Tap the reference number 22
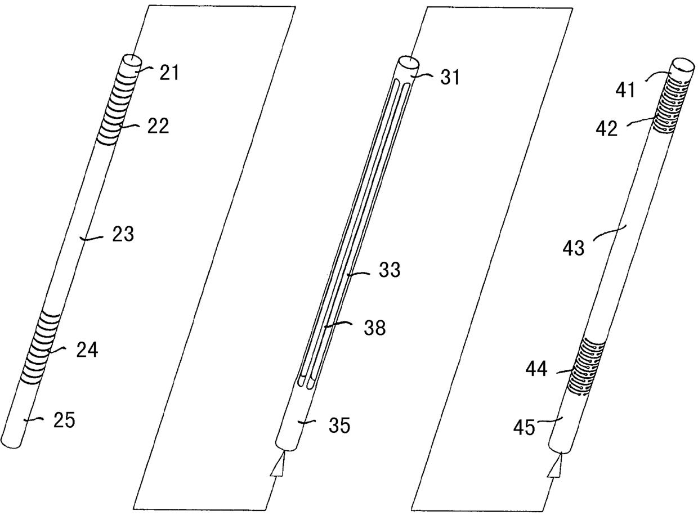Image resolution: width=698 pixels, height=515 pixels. [158, 127]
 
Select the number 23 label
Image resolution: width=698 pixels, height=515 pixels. [123, 234]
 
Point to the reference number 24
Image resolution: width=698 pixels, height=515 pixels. [87, 350]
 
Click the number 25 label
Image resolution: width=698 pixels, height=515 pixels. [64, 420]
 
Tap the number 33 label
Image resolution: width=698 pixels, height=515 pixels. [389, 271]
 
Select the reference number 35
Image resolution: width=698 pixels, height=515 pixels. [339, 426]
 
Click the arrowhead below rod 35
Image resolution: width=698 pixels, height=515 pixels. [277, 464]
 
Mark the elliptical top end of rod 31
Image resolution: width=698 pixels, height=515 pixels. [407, 62]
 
